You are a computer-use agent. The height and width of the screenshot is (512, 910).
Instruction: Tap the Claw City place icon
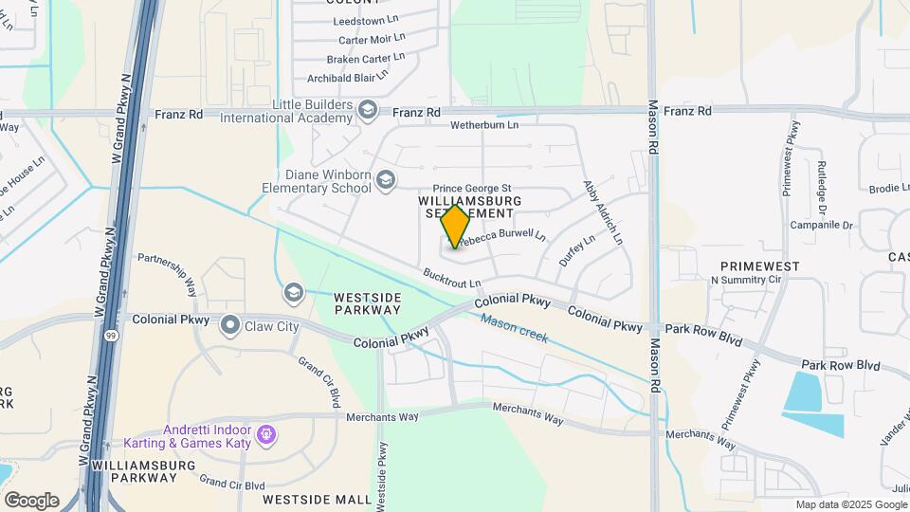click(229, 326)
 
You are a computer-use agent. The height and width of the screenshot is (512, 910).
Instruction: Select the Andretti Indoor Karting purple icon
click(267, 435)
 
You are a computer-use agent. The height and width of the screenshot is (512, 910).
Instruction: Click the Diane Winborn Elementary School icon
click(385, 179)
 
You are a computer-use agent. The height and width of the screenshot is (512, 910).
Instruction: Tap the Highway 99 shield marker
click(112, 336)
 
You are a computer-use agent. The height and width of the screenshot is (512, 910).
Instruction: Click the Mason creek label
click(514, 329)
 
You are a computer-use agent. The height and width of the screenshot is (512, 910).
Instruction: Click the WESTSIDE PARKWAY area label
click(368, 303)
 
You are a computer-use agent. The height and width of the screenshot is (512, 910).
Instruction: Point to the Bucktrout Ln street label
click(453, 278)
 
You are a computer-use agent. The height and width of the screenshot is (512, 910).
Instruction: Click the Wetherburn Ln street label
click(484, 124)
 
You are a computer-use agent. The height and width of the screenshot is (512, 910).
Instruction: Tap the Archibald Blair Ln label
click(355, 78)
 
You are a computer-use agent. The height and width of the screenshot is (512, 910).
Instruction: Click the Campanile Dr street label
click(823, 227)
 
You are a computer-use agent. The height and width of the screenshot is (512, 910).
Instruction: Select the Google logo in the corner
click(31, 500)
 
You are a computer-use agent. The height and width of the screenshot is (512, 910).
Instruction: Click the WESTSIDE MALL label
click(317, 499)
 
